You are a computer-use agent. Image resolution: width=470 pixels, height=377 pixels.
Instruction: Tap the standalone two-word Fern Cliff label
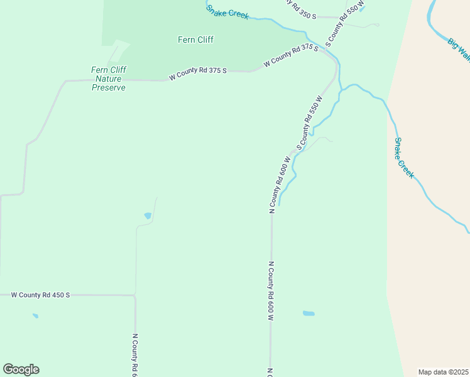195,40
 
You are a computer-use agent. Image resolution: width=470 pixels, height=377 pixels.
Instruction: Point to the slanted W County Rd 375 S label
291,55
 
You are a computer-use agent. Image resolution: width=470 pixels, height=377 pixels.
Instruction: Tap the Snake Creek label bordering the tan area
404,158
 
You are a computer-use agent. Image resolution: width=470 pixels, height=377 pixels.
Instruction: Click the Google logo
21,369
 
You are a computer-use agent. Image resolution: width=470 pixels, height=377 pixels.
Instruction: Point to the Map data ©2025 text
443,372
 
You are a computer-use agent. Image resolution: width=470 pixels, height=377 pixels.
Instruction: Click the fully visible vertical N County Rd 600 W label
271,292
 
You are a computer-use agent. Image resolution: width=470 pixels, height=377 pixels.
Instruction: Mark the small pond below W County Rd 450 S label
35,316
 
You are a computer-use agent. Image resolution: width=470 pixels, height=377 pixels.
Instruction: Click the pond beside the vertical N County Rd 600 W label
309,313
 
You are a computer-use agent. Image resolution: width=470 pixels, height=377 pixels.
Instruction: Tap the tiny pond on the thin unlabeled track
148,216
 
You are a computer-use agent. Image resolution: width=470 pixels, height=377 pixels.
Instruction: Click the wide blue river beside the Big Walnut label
432,15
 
